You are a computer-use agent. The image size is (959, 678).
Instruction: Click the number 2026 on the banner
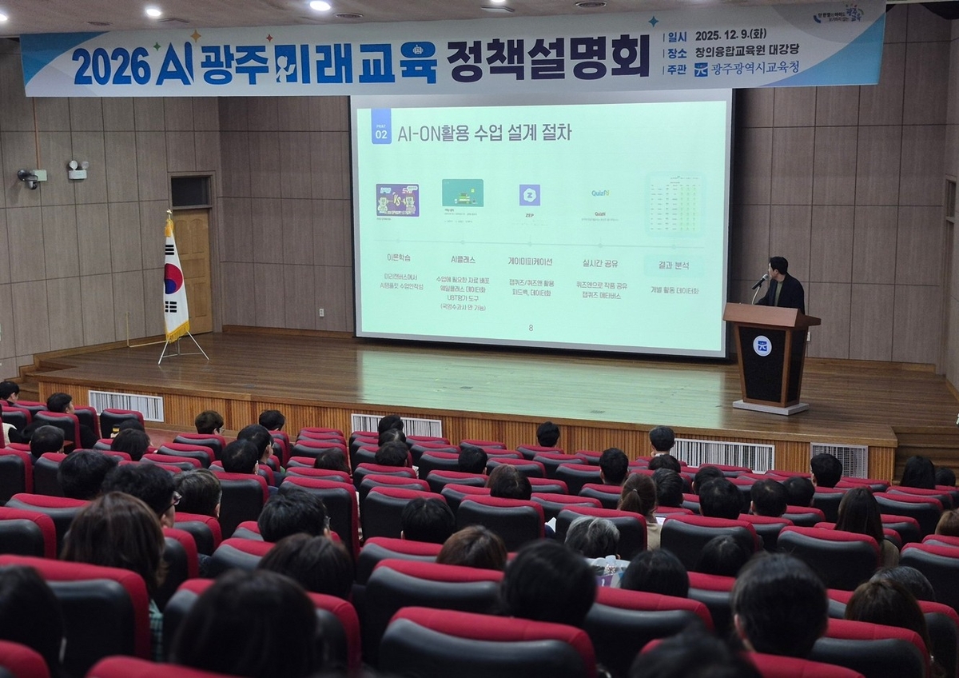coord(111,66)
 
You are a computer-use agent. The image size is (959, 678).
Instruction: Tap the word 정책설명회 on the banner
coord(547,59)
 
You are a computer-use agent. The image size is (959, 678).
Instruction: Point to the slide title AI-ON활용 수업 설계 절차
coord(484,133)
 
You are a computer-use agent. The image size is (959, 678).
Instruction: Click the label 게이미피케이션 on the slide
coord(529,261)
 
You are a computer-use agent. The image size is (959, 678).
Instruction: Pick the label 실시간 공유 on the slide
coord(599,262)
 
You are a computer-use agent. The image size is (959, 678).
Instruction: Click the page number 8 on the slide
coord(531,328)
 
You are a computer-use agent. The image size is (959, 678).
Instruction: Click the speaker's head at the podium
coord(778,266)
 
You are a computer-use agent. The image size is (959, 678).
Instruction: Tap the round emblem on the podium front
coord(762,346)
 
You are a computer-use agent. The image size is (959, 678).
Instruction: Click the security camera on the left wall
coord(29,177)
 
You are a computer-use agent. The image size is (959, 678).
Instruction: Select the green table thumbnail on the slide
coord(674,203)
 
